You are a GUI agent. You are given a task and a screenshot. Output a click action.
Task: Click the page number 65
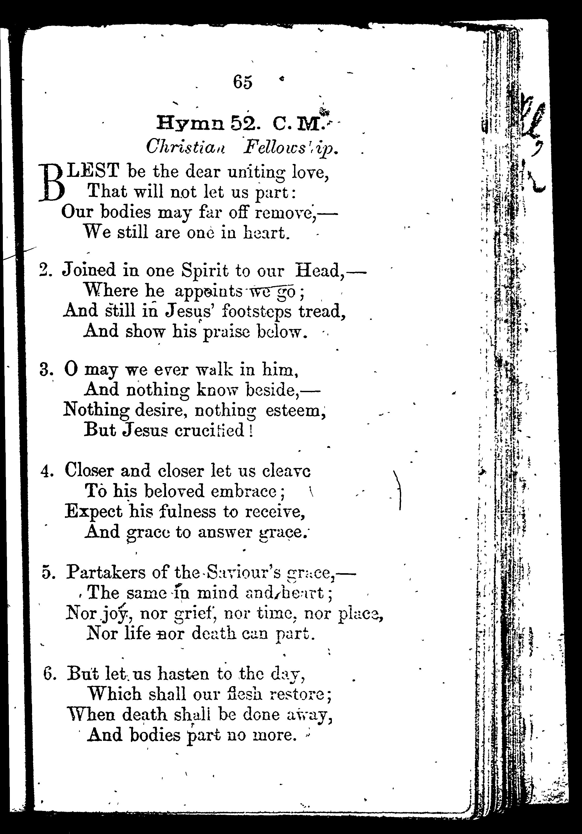tap(242, 82)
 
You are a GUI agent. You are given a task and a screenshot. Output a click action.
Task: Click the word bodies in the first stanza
tap(125, 212)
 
